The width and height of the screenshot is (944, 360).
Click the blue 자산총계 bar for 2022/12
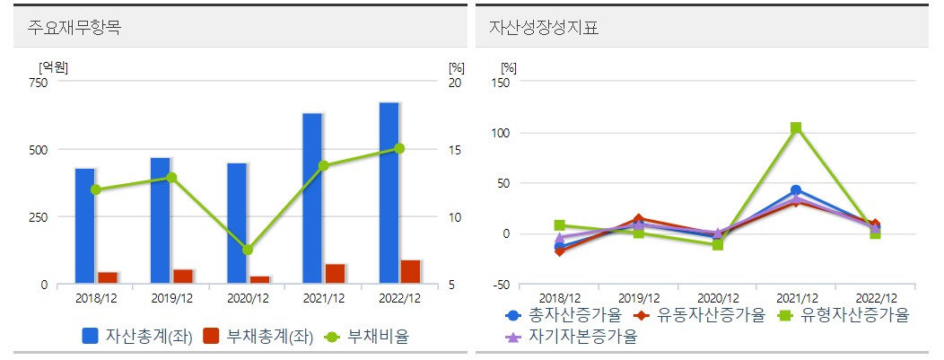click(x=389, y=193)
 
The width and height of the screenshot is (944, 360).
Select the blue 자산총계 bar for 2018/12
click(x=85, y=225)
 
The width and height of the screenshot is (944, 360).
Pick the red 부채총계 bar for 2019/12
click(x=183, y=277)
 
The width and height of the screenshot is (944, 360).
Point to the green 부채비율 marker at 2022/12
click(x=399, y=148)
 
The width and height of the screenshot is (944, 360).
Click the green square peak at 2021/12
click(x=795, y=128)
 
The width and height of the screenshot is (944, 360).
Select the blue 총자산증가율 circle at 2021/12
click(x=795, y=190)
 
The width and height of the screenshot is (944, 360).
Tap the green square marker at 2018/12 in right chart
click(x=560, y=225)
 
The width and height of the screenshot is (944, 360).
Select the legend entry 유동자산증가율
click(x=700, y=315)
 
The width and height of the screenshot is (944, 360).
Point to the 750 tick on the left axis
click(x=39, y=83)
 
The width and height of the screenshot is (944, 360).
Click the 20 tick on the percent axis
click(x=454, y=83)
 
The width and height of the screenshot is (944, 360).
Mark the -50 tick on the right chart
click(x=500, y=285)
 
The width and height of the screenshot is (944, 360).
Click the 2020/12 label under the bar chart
click(x=247, y=297)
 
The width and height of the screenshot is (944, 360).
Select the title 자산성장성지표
click(x=544, y=28)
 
